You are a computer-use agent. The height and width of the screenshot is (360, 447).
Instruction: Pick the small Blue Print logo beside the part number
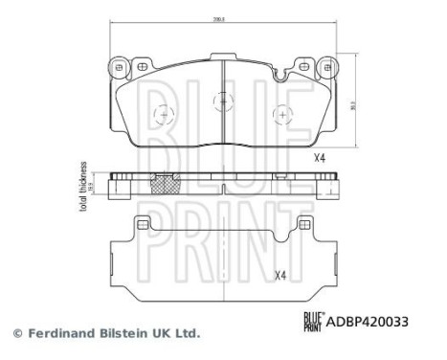pos(313,322)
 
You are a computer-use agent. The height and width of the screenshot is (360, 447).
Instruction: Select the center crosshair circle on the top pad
pos(222,98)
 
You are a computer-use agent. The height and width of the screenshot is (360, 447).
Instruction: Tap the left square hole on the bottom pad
pos(143,226)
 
